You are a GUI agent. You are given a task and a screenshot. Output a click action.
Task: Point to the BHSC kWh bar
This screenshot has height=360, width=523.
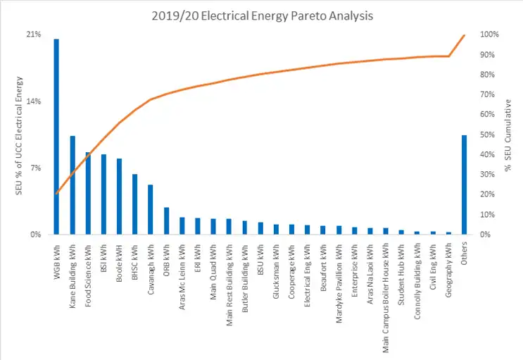(134, 204)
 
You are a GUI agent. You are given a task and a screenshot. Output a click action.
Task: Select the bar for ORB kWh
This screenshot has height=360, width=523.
(166, 221)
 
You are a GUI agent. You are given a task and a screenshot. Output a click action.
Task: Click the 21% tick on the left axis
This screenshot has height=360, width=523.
(34, 35)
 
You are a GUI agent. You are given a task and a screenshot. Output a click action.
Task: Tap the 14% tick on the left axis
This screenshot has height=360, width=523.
(34, 101)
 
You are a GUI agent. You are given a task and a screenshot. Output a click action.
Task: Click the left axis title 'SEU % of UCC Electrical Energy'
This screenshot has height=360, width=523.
(19, 135)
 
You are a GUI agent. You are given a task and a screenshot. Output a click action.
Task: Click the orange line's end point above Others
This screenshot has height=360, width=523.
(464, 35)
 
